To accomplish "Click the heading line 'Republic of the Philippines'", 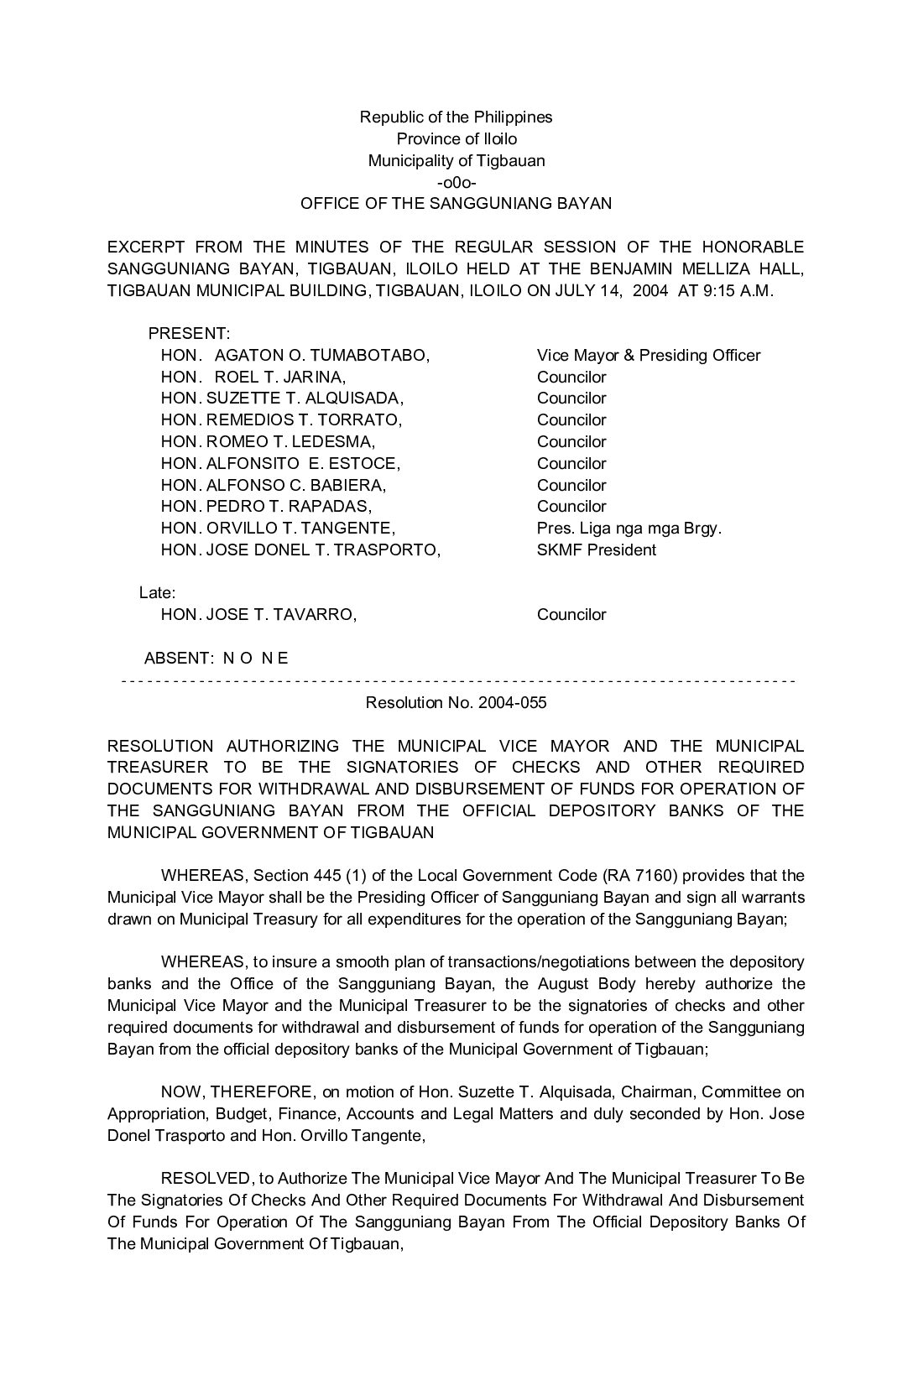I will point(456,117).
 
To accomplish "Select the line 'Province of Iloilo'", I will point(456,139).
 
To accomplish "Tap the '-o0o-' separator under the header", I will point(456,182).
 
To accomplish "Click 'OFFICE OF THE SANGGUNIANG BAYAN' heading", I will point(456,204).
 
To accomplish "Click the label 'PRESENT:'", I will point(189,334).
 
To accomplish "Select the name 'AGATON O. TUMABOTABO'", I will point(322,356).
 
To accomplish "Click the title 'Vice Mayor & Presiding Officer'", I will point(648,356).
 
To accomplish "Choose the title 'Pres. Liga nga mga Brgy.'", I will point(629,529).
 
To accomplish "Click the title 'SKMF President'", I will point(596,550).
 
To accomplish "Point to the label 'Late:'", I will point(157,593).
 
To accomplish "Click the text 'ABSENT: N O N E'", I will point(216,659).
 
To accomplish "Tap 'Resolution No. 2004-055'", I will point(456,703).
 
